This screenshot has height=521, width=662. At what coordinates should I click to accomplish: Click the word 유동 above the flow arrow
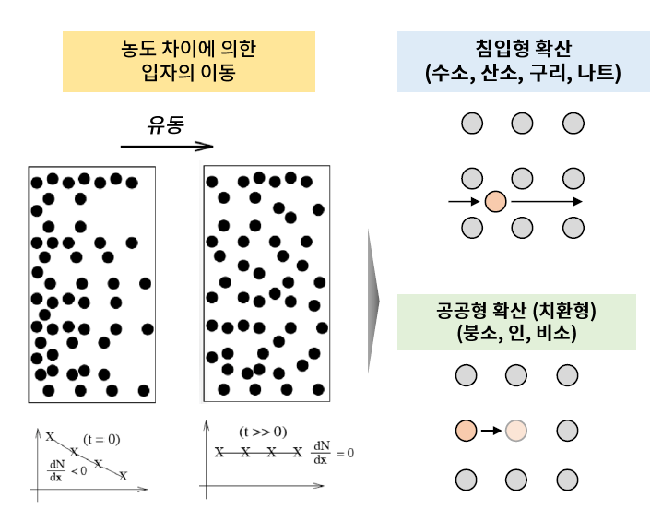pos(166,124)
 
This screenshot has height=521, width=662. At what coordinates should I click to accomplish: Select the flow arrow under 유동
pos(166,146)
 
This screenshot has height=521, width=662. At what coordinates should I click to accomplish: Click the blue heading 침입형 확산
pos(522,49)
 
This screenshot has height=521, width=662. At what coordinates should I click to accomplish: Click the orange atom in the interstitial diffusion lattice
pos(496,201)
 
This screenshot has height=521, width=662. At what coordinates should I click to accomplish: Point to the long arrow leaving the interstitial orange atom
pos(546,201)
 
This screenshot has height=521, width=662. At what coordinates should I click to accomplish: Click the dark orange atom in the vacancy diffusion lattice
pos(467,430)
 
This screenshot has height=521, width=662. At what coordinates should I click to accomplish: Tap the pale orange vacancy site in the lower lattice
pos(516,430)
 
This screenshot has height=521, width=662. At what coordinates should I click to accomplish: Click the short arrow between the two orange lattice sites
pos(491,430)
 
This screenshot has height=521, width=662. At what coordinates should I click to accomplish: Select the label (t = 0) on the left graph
pos(101,439)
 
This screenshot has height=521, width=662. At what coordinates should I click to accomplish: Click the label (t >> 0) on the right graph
pos(261,431)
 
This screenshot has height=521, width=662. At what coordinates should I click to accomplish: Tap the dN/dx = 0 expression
pos(332,454)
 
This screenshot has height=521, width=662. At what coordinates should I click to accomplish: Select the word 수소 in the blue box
pos(450,74)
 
